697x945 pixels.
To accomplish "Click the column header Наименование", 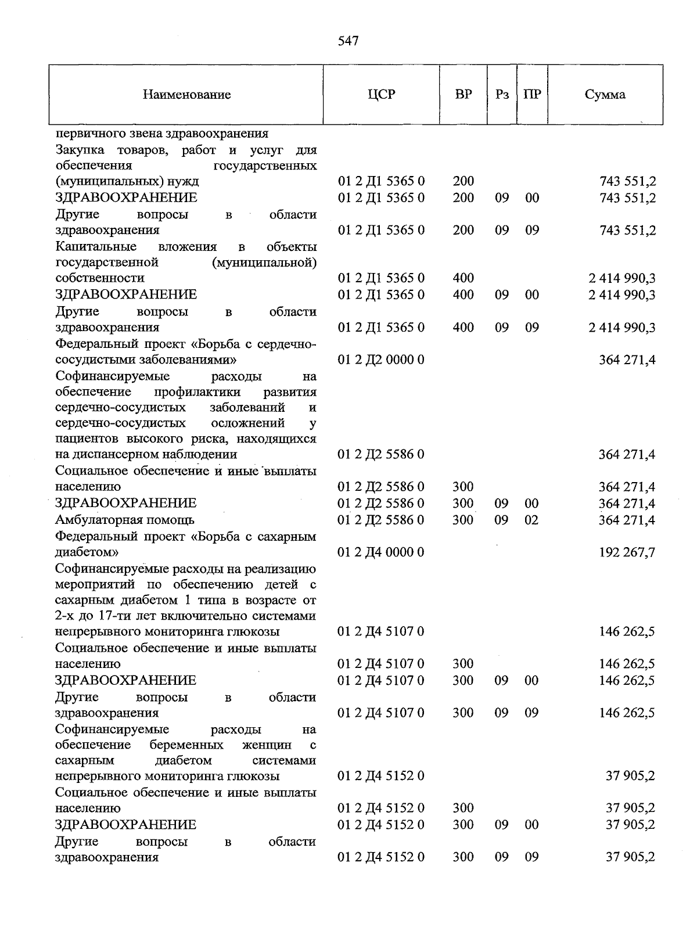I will click(x=186, y=95).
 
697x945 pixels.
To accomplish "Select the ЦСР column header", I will click(x=381, y=94).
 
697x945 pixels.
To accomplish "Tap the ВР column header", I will click(x=464, y=94).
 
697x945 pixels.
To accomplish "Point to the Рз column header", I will click(x=502, y=94).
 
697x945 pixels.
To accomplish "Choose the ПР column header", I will click(x=532, y=94).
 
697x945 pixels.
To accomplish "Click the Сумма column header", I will click(x=605, y=94).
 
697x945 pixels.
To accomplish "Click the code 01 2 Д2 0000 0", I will click(x=381, y=360).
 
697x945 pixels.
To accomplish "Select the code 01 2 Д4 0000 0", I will click(x=381, y=552).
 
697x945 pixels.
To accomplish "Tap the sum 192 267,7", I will click(x=627, y=552).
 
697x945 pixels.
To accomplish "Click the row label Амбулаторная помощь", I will click(x=125, y=520).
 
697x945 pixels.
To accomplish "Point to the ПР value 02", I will click(x=531, y=520).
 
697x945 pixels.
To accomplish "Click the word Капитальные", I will click(x=96, y=247).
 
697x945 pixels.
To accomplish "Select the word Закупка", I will click(x=80, y=150).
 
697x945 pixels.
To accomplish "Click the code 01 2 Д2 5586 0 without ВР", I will click(x=381, y=454).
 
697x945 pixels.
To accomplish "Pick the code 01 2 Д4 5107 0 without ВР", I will click(x=381, y=631).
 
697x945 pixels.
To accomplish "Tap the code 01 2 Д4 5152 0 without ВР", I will click(x=381, y=776).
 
